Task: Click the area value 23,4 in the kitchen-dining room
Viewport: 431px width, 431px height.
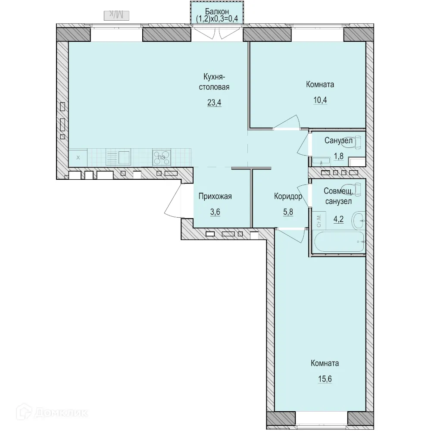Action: coord(214,103)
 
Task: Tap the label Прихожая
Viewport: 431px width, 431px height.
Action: coord(215,196)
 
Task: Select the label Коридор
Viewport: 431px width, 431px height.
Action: coord(288,196)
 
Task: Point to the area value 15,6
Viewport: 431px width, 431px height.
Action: coord(325,379)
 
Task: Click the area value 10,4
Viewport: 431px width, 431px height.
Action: coord(320,100)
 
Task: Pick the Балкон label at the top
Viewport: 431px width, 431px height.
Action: coord(217,12)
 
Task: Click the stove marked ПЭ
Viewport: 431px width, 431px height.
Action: coord(162,157)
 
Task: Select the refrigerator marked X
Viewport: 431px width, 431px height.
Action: coord(78,158)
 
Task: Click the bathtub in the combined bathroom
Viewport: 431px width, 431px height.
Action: coord(339,242)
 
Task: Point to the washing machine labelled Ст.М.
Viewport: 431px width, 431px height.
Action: coord(319,220)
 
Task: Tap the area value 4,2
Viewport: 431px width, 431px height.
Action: coord(338,219)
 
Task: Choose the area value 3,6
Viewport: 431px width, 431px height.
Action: coord(215,212)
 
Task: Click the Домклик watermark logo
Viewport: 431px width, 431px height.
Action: coord(52,412)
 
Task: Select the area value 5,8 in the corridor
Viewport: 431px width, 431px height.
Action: coord(288,212)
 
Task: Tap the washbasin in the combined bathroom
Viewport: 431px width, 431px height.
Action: coord(359,220)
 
